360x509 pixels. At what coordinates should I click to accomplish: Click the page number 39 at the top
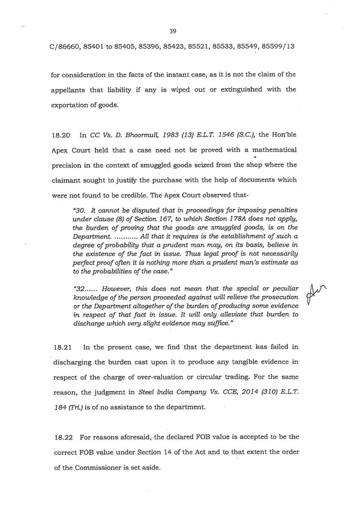(173, 31)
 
